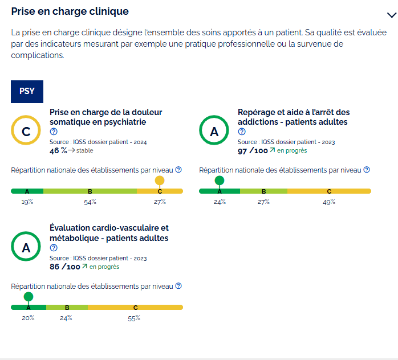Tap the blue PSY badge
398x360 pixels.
(x=27, y=92)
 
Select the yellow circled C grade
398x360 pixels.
(x=26, y=132)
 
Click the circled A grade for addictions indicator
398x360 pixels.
(x=214, y=132)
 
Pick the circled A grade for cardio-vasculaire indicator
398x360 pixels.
(x=26, y=248)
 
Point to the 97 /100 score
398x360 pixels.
(x=253, y=150)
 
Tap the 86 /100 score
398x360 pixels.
(x=64, y=267)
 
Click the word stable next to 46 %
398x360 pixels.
(x=84, y=151)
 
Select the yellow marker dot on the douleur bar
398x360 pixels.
(x=160, y=181)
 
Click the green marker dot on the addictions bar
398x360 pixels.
(x=220, y=181)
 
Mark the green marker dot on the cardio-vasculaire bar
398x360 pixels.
(x=29, y=297)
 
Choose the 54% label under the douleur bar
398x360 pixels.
(x=90, y=202)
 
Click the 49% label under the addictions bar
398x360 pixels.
(x=329, y=202)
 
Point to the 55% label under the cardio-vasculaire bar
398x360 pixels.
(x=135, y=318)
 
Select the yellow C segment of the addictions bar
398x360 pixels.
(x=329, y=191)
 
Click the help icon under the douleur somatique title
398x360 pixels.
(x=54, y=132)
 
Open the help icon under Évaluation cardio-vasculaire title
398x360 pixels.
(x=54, y=248)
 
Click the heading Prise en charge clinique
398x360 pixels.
(x=70, y=11)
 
